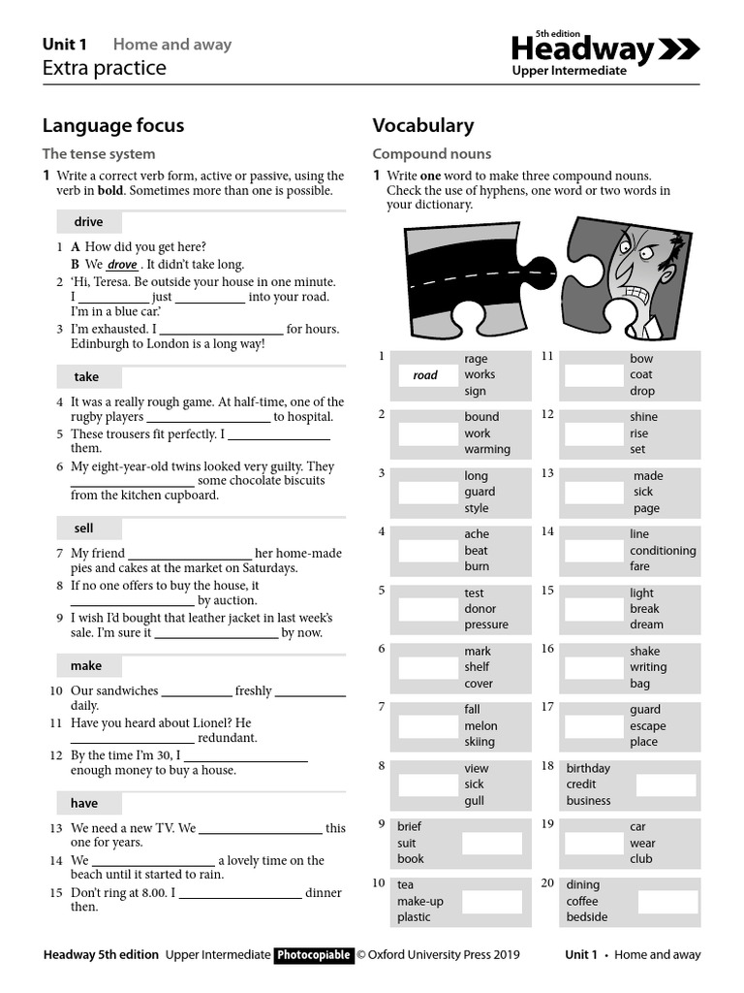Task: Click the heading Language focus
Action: (x=113, y=125)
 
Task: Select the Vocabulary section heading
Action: (x=423, y=125)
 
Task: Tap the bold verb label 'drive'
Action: (x=88, y=222)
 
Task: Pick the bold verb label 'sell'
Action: (x=83, y=529)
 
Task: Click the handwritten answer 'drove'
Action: (x=122, y=265)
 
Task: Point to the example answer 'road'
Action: (x=425, y=375)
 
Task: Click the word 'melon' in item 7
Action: (x=480, y=725)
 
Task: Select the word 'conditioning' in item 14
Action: (x=663, y=551)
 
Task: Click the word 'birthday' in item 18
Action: (x=588, y=768)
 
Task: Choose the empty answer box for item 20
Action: (x=666, y=902)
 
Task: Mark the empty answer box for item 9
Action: (x=492, y=843)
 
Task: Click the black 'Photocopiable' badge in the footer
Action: (x=314, y=955)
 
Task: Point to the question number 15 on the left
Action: (x=56, y=891)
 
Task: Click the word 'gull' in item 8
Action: (x=474, y=801)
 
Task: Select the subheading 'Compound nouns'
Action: (x=431, y=154)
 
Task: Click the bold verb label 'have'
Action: (x=84, y=803)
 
